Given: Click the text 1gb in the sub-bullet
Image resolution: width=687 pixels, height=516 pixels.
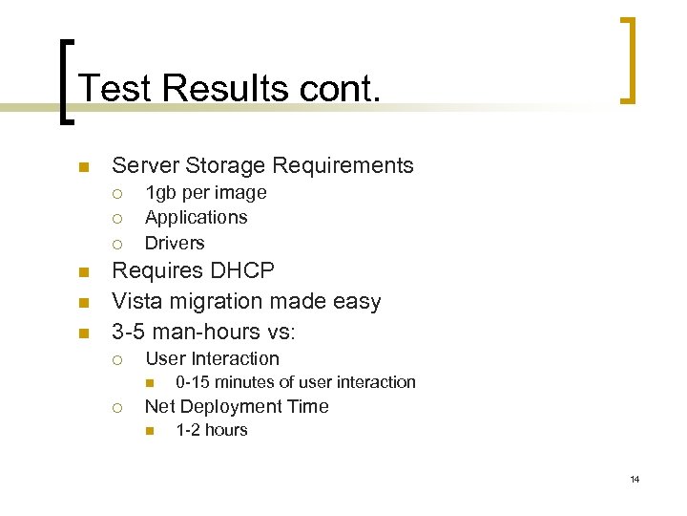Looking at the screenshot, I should (x=159, y=193).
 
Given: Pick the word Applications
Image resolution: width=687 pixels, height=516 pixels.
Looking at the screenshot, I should (x=196, y=218).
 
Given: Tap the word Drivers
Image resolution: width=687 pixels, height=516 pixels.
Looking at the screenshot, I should (x=175, y=243).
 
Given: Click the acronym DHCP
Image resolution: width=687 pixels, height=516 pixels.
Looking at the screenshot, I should (x=242, y=270).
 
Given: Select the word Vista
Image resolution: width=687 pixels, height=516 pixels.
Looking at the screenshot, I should (x=135, y=301).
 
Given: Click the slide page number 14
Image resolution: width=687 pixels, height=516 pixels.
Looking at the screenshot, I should (x=635, y=479).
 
